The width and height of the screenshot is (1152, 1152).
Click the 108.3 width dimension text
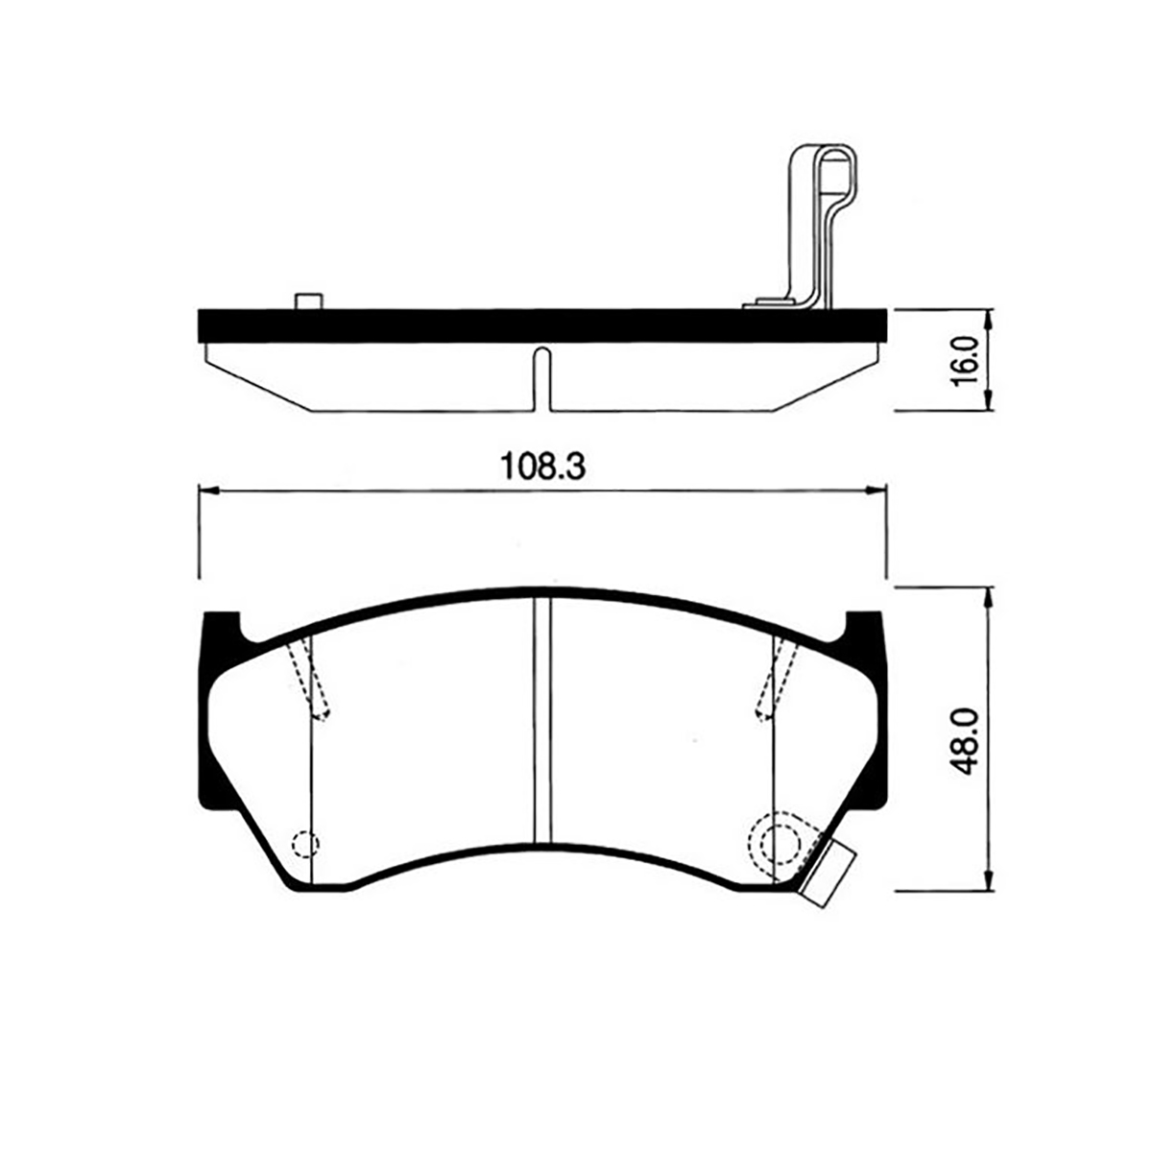tap(542, 467)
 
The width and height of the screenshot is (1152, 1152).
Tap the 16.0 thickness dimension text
tap(965, 361)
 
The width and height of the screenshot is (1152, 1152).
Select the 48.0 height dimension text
tap(965, 741)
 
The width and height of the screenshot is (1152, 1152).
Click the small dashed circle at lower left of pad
tap(305, 844)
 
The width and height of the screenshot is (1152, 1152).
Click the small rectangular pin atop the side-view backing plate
tap(310, 301)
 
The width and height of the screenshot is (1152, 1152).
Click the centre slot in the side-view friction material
tap(541, 379)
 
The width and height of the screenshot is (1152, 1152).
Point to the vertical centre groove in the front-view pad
tap(541, 722)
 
